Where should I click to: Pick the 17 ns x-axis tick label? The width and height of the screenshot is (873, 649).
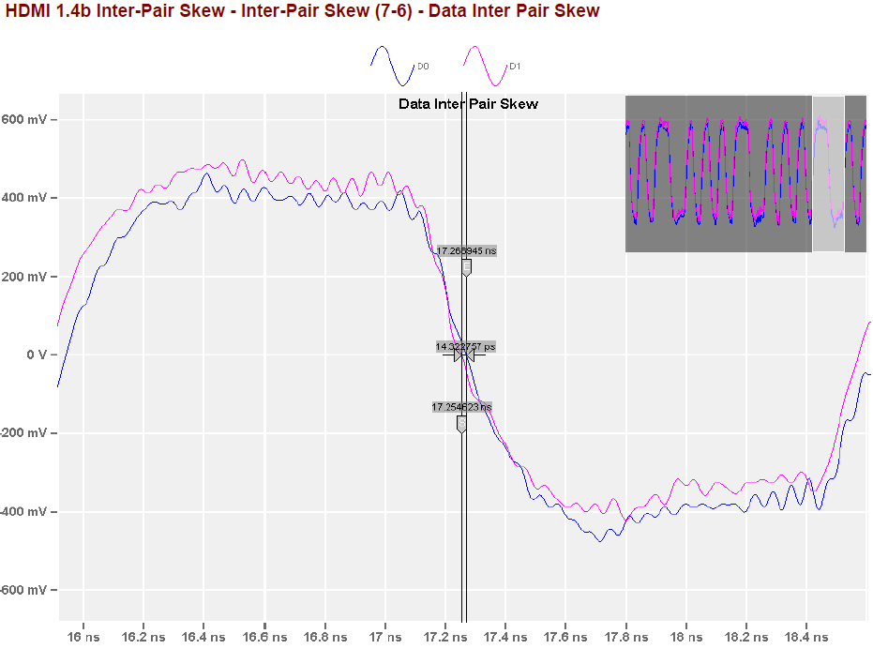point(385,637)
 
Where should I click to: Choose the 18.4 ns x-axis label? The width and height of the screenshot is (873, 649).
point(805,637)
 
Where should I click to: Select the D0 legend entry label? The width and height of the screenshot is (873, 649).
point(423,67)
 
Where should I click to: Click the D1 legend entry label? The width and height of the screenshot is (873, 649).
point(515,67)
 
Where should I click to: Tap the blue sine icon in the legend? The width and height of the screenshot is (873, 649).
point(393,66)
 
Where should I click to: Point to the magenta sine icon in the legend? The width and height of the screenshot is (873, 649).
point(485,66)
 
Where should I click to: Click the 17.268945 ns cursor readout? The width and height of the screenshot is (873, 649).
point(466,251)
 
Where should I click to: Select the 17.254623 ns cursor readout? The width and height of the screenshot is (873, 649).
point(461,407)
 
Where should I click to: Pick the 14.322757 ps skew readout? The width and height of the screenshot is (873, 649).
point(465,347)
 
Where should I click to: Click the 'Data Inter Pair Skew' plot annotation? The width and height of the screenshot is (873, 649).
point(468,104)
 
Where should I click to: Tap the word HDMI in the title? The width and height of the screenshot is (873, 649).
point(29,11)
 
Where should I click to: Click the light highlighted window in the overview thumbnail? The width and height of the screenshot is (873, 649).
point(828,174)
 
